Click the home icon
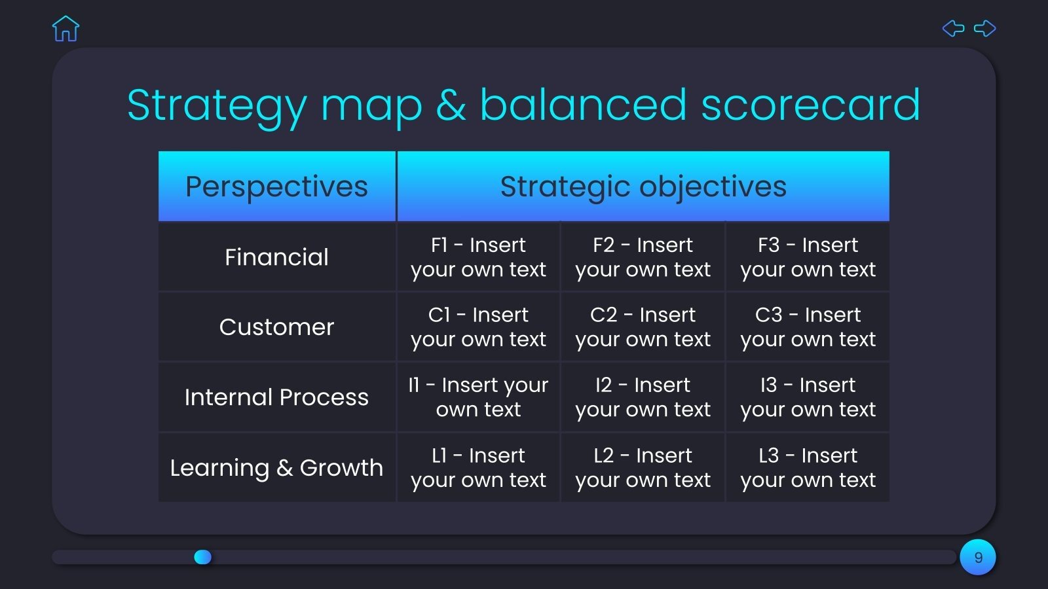pyautogui.click(x=65, y=29)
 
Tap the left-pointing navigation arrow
pyautogui.click(x=953, y=28)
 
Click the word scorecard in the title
pyautogui.click(x=810, y=105)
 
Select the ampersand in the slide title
pyautogui.click(x=451, y=105)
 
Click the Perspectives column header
pyautogui.click(x=276, y=187)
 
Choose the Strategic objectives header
pyautogui.click(x=643, y=187)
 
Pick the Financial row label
pyautogui.click(x=276, y=257)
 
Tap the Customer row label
pyautogui.click(x=276, y=327)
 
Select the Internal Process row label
pyautogui.click(x=276, y=397)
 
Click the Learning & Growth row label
pyautogui.click(x=276, y=468)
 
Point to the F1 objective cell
pyautogui.click(x=478, y=257)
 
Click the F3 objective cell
pyautogui.click(x=808, y=257)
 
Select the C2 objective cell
pyautogui.click(x=643, y=327)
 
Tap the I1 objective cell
pyautogui.click(x=478, y=397)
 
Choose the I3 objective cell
pyautogui.click(x=808, y=397)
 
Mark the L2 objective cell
pyautogui.click(x=643, y=468)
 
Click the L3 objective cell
pyautogui.click(x=808, y=468)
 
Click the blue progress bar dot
pyautogui.click(x=203, y=557)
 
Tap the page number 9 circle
pyautogui.click(x=978, y=558)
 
